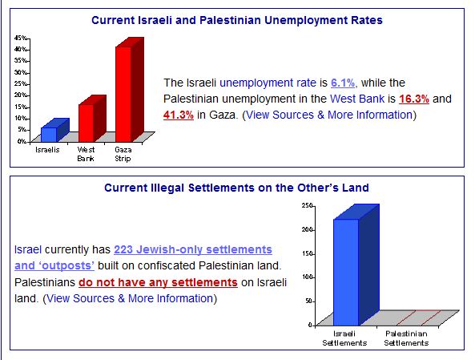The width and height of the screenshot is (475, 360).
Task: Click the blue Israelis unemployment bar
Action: (54, 131)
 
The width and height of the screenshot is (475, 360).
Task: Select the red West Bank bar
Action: (92, 119)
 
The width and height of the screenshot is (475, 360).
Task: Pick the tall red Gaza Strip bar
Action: (129, 90)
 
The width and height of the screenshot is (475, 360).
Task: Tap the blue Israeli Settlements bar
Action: (356, 265)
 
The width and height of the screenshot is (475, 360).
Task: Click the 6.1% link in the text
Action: (343, 83)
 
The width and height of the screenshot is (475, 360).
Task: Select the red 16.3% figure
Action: (414, 99)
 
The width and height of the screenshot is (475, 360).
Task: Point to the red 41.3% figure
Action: (179, 115)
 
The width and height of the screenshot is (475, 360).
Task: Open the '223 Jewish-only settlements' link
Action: (193, 249)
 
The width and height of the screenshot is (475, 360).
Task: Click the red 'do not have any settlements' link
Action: (158, 282)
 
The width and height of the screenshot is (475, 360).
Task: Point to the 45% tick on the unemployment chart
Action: (21, 38)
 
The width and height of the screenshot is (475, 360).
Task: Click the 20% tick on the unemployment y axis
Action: (21, 95)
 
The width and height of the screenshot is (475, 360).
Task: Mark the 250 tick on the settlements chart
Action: (307, 205)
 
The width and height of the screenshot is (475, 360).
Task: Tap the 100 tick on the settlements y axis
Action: (307, 277)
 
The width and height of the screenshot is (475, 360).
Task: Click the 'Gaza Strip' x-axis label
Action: (123, 154)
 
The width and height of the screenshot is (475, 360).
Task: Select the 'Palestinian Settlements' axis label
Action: (406, 338)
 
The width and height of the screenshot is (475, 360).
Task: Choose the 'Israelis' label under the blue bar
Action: (47, 150)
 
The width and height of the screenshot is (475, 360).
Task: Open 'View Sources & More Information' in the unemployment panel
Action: (329, 115)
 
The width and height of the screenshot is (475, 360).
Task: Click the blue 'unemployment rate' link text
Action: (268, 83)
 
